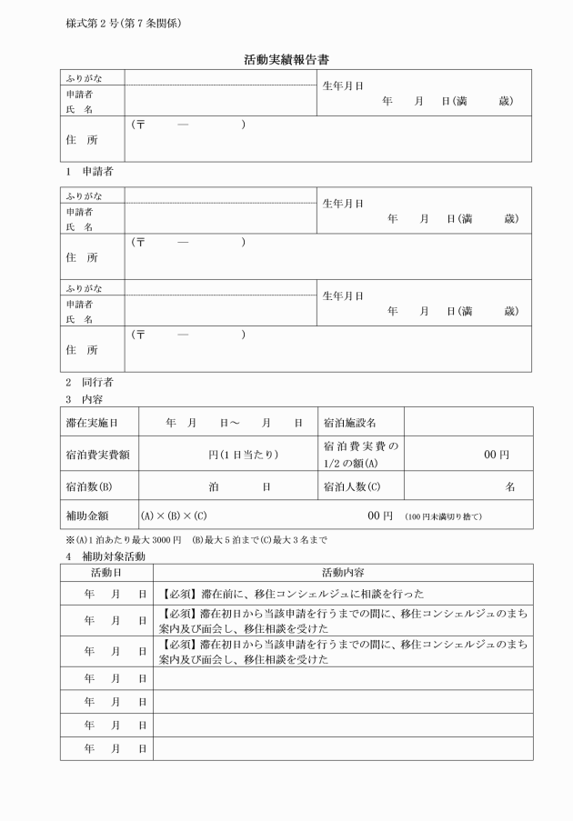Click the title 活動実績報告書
click(x=286, y=59)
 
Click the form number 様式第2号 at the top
click(x=123, y=23)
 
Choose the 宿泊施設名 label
click(x=349, y=423)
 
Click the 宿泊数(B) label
click(x=89, y=486)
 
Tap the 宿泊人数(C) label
click(x=351, y=486)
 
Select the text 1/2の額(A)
click(x=349, y=461)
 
